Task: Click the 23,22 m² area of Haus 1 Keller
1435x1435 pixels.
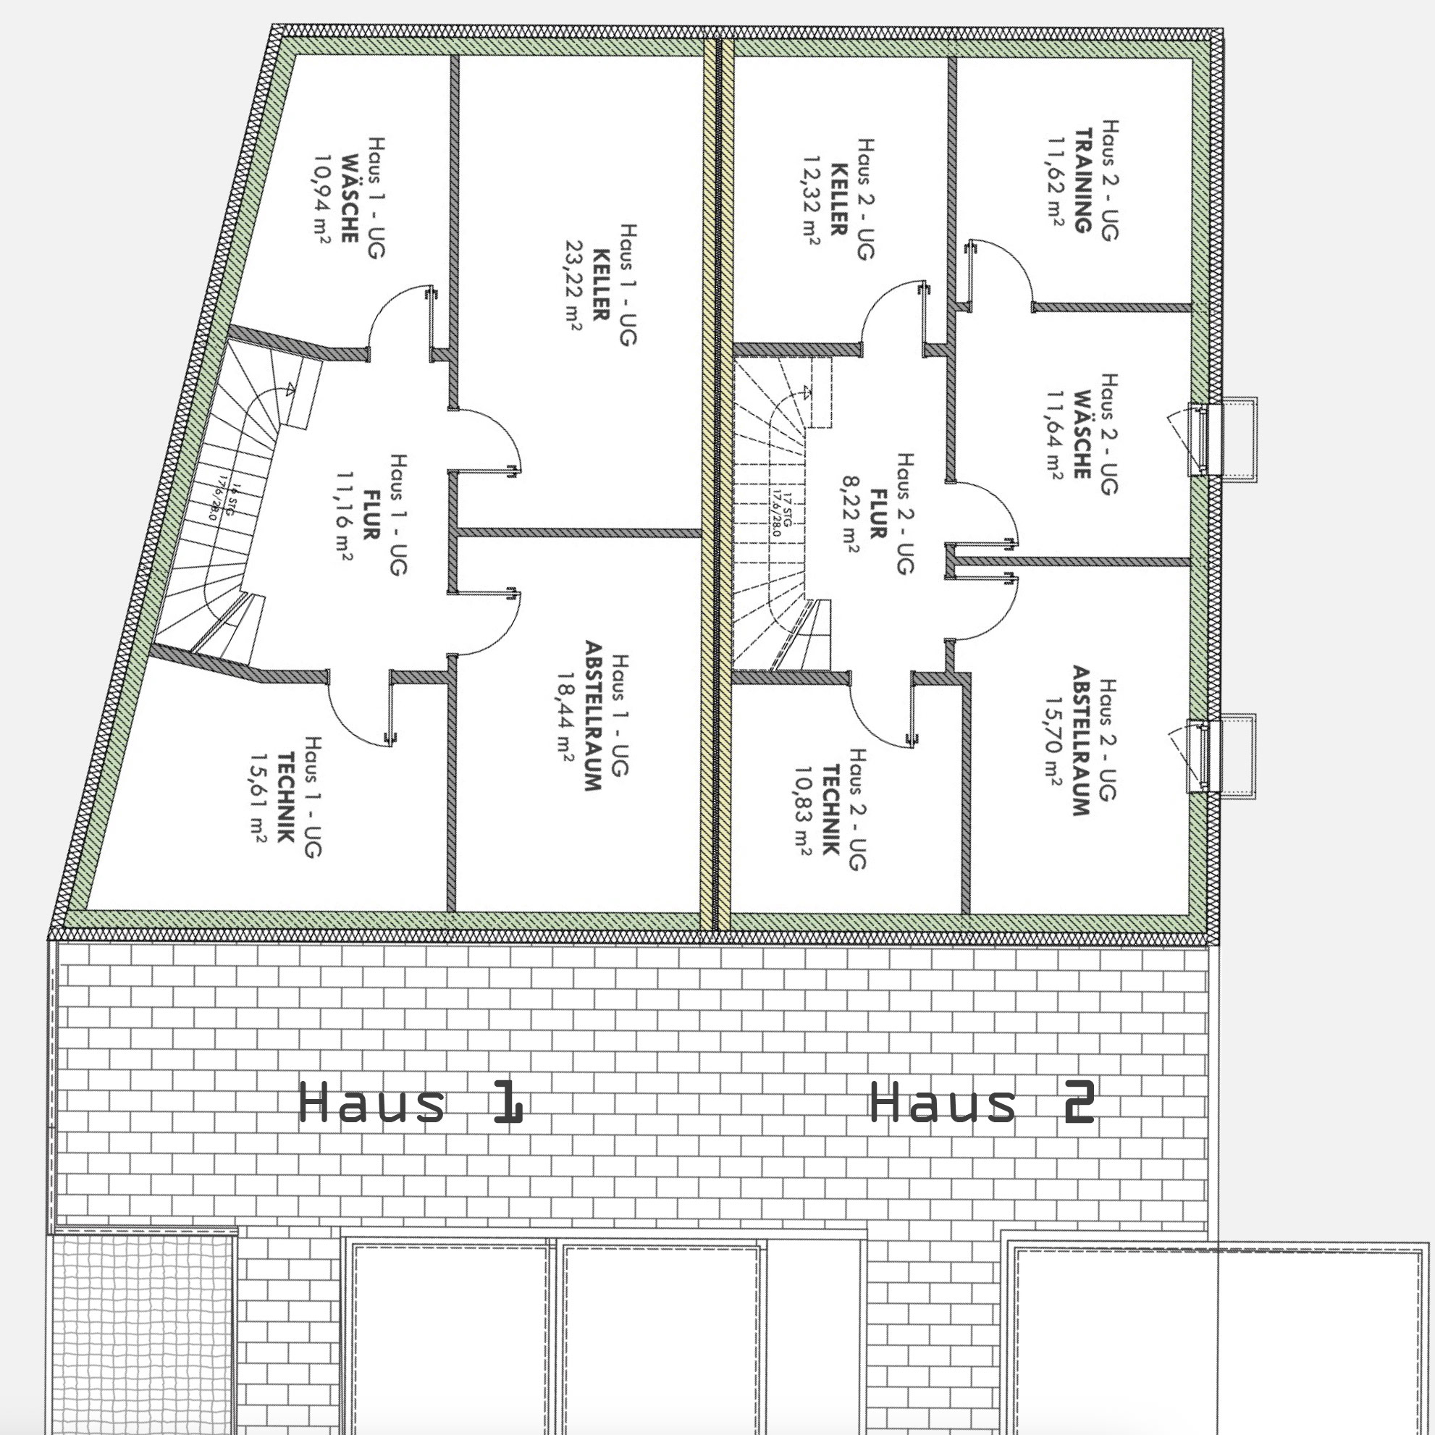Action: (x=573, y=284)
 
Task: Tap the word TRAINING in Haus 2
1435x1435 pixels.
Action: (x=1084, y=180)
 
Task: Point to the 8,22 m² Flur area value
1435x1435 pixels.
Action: (x=851, y=514)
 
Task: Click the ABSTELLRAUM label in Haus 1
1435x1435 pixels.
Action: (x=593, y=715)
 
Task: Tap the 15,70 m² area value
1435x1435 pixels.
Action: (x=1053, y=741)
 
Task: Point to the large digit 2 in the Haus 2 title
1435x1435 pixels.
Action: (x=1078, y=1101)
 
